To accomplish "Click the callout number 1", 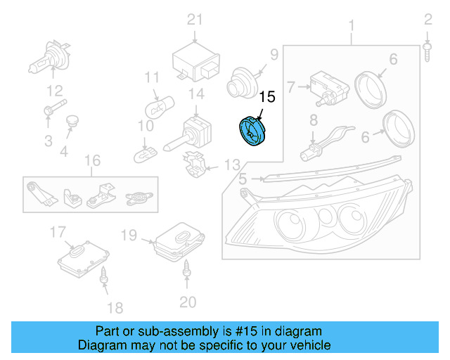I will pos(350,27).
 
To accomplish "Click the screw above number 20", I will pos(187,267).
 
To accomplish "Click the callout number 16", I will pos(92,161).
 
